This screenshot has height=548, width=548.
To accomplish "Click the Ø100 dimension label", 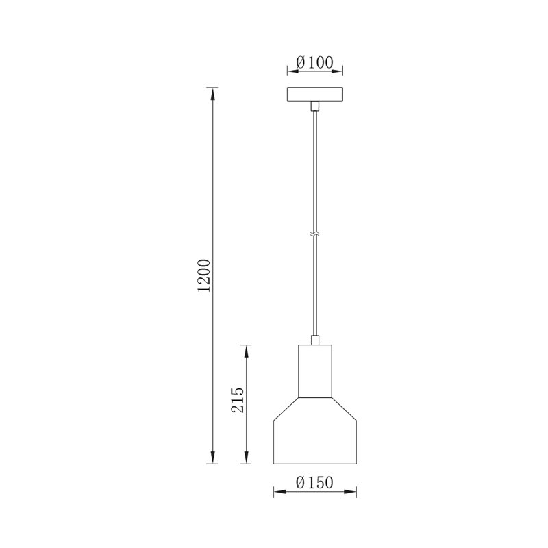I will pos(314,62).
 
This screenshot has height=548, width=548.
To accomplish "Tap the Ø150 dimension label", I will pos(314,483).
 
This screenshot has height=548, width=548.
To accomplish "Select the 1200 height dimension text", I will pos(203,277).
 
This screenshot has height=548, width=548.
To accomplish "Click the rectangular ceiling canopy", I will pos(314,95).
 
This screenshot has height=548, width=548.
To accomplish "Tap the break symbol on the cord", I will pos(314,234).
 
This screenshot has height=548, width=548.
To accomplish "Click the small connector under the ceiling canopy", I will pos(314,106).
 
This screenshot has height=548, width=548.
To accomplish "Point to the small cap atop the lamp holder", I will pos(314,340).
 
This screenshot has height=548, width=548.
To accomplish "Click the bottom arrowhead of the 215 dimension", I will pos(247,461).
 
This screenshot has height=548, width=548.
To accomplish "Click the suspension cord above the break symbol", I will pos(314,171).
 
